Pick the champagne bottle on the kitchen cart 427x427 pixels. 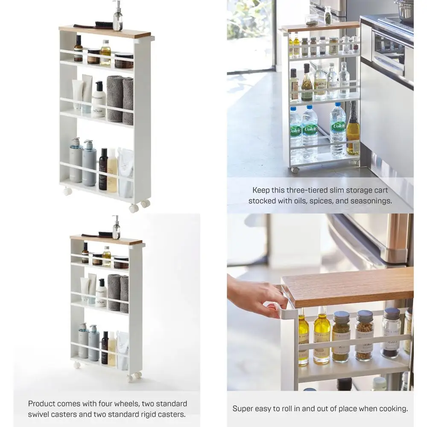point(353,130)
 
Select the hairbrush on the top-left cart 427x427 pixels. point(96,25)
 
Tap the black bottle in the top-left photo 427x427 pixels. point(103,170)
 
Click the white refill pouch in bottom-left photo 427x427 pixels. point(123,350)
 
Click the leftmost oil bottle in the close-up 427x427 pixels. point(303,337)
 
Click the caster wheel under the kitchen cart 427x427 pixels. point(294,170)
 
